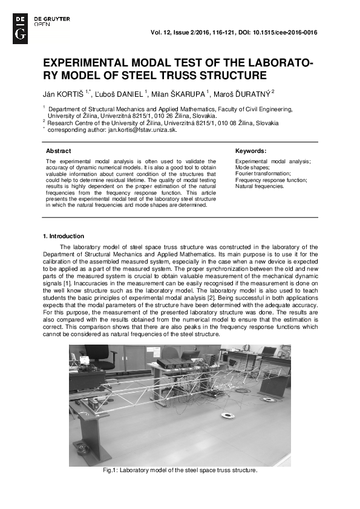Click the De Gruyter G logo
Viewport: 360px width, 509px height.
19,27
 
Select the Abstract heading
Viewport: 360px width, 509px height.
59,151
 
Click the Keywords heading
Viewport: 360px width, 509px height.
250,151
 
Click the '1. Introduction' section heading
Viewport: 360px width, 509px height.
64,236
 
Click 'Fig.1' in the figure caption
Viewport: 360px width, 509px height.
111,470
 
